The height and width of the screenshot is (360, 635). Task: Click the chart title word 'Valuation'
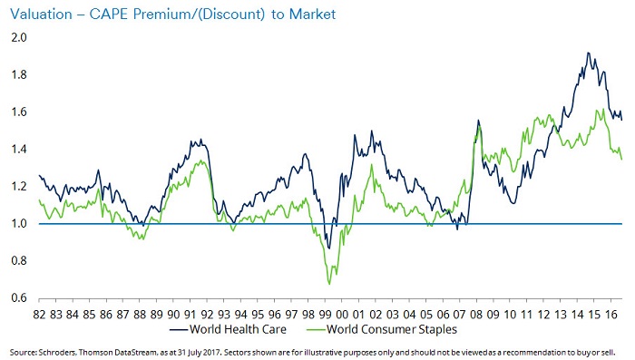(41, 15)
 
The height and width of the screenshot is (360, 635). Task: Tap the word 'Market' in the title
(312, 15)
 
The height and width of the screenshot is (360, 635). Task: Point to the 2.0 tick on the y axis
(19, 38)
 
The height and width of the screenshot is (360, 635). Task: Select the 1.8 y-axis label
(19, 75)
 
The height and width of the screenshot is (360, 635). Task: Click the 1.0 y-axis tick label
(19, 224)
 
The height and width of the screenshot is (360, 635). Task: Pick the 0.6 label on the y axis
(19, 298)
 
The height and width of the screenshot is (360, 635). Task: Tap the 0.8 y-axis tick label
(19, 261)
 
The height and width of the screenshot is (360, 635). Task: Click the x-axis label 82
(39, 315)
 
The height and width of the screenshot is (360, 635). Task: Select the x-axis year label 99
(325, 315)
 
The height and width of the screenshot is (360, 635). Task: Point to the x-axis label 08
(476, 315)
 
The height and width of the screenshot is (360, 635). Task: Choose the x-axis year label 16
(611, 315)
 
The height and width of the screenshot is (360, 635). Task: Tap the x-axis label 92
(208, 315)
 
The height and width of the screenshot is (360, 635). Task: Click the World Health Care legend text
(238, 329)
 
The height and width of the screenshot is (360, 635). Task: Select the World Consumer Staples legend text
(392, 329)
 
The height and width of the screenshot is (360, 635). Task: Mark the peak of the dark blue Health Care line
(588, 53)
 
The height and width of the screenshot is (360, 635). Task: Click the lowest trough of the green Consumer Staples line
(328, 284)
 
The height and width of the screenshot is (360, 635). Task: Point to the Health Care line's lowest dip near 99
(328, 248)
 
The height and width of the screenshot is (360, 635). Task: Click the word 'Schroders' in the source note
(56, 353)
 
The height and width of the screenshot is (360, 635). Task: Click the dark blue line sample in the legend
(178, 330)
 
